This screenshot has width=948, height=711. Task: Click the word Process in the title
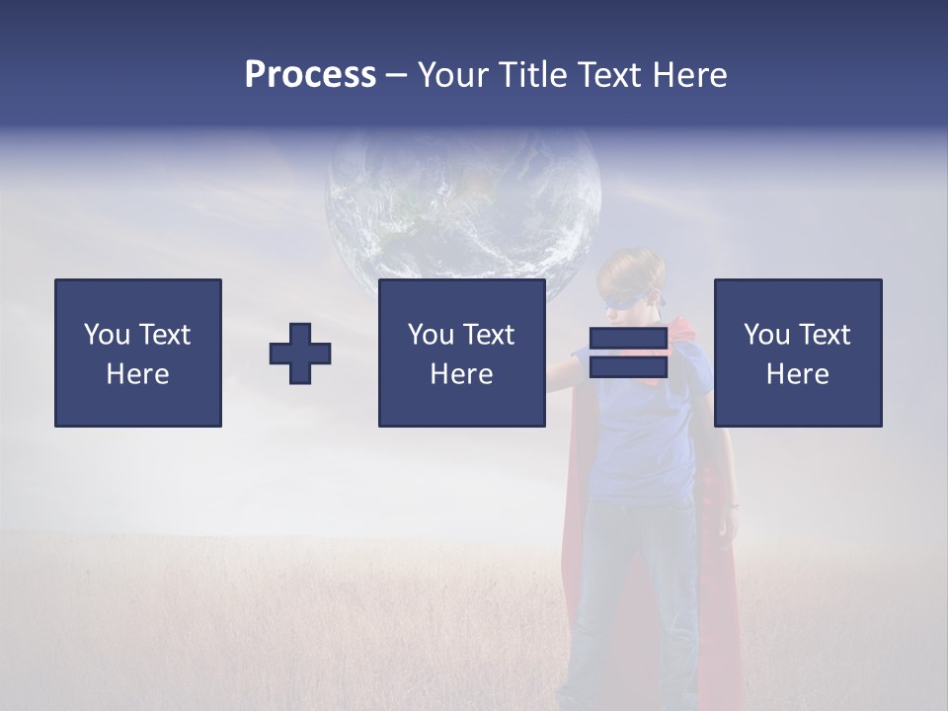pos(310,75)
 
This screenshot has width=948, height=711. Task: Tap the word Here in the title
pos(689,75)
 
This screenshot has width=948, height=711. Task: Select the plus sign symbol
pos(300,354)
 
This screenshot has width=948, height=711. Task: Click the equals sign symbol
pos(628,353)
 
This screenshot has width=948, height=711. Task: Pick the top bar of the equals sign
pos(628,339)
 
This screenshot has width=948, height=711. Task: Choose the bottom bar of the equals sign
pos(628,366)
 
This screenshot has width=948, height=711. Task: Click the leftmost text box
pos(138,353)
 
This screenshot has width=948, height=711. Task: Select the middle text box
pos(461,353)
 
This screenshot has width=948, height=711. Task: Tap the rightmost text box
pos(797,353)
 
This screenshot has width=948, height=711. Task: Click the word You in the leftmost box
pos(107,335)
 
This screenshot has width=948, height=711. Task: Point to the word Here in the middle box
pos(461,374)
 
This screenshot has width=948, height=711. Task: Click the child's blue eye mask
pos(633,297)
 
